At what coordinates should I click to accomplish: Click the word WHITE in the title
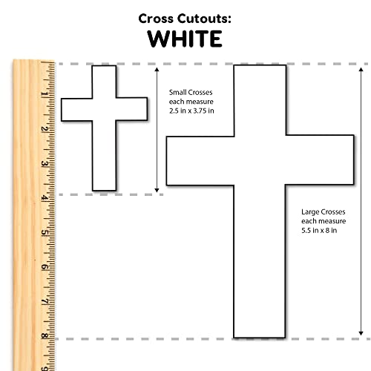pyautogui.click(x=185, y=39)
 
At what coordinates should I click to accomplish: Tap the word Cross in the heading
pyautogui.click(x=156, y=19)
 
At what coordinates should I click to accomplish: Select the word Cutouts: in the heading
pyautogui.click(x=204, y=19)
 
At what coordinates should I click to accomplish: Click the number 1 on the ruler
pyautogui.click(x=45, y=94)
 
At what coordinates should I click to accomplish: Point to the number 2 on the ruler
pyautogui.click(x=45, y=129)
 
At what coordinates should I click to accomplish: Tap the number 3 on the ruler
pyautogui.click(x=45, y=163)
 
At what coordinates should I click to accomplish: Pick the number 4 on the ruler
pyautogui.click(x=45, y=198)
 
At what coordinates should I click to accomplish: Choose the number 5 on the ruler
pyautogui.click(x=45, y=232)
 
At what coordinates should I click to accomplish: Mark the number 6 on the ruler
pyautogui.click(x=45, y=267)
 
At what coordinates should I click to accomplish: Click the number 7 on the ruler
pyautogui.click(x=45, y=302)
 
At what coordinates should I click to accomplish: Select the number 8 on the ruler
pyautogui.click(x=45, y=336)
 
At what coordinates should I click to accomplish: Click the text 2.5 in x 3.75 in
pyautogui.click(x=191, y=111)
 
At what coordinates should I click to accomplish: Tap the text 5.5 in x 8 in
pyautogui.click(x=319, y=231)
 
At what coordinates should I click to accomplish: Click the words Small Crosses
pyautogui.click(x=191, y=93)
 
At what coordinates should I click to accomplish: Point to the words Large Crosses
pyautogui.click(x=324, y=212)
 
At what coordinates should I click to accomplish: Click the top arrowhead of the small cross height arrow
pyautogui.click(x=157, y=69)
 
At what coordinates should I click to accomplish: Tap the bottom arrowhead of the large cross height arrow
pyautogui.click(x=361, y=333)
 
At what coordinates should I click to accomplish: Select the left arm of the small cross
pyautogui.click(x=76, y=110)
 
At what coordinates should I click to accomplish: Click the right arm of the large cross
pyautogui.click(x=320, y=160)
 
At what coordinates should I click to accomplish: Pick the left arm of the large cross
pyautogui.click(x=200, y=161)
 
